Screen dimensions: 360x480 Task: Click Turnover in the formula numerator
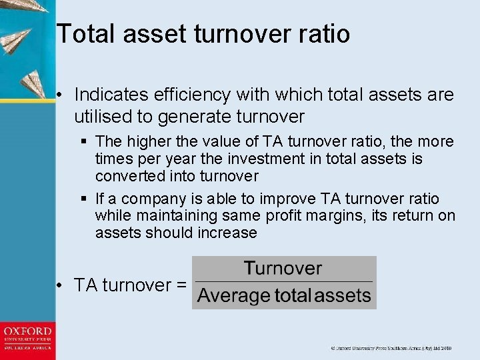pos(283,269)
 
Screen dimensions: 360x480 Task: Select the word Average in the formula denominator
pos(234,295)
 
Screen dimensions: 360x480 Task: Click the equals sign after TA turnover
pos(179,285)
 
